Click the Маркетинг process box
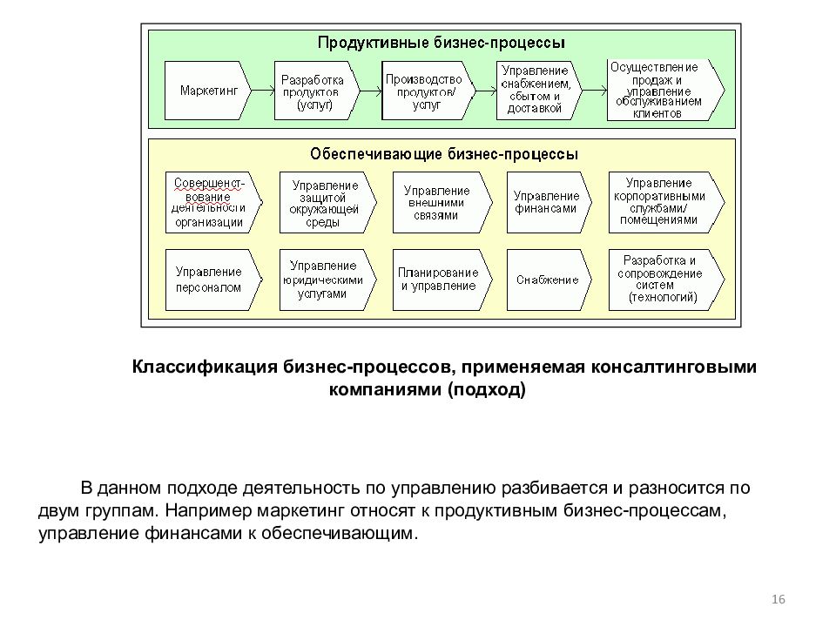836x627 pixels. [207, 91]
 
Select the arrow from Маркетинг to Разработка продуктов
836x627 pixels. [263, 91]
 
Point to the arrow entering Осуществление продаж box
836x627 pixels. [595, 91]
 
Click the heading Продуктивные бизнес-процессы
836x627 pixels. [441, 43]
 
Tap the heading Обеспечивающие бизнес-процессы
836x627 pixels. [444, 154]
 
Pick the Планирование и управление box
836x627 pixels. [442, 280]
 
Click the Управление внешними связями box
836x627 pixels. [442, 203]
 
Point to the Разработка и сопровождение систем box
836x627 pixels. [666, 280]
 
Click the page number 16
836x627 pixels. [779, 599]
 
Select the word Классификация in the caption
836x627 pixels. [205, 367]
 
